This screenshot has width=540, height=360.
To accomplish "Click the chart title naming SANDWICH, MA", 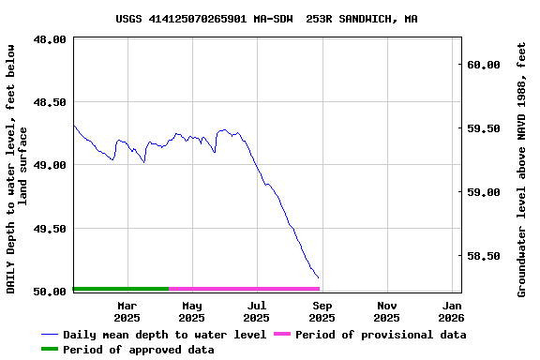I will (x=266, y=18).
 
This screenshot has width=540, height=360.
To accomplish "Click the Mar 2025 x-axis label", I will (x=127, y=311).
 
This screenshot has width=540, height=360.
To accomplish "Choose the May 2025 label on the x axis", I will (x=191, y=311).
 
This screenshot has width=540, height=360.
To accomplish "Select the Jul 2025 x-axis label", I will (x=257, y=311).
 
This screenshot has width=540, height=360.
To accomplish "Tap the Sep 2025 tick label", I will (x=322, y=311).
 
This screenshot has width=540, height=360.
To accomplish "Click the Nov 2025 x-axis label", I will (x=386, y=311).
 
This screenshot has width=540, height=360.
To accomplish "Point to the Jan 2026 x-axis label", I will (x=452, y=311).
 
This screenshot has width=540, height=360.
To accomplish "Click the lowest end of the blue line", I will (x=319, y=277).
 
